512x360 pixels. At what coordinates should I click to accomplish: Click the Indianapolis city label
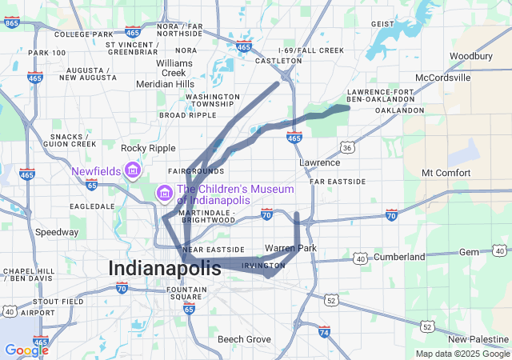(164, 268)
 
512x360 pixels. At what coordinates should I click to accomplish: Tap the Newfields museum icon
(133, 171)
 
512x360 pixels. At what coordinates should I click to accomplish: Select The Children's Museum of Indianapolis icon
(164, 193)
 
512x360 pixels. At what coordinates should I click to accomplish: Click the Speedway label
(57, 232)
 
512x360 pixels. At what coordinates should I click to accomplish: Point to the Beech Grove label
(245, 339)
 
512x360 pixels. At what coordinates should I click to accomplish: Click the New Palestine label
(477, 339)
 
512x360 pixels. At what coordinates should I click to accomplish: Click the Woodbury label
(470, 56)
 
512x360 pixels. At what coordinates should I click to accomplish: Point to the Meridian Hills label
(165, 83)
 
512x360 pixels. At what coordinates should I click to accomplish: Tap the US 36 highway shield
(346, 148)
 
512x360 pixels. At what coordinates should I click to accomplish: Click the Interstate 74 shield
(324, 331)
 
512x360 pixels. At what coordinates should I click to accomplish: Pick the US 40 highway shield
(361, 258)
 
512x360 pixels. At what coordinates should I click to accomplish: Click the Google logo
(26, 350)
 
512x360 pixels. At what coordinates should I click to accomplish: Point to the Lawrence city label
(320, 162)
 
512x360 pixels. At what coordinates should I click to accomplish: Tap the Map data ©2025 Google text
(462, 354)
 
